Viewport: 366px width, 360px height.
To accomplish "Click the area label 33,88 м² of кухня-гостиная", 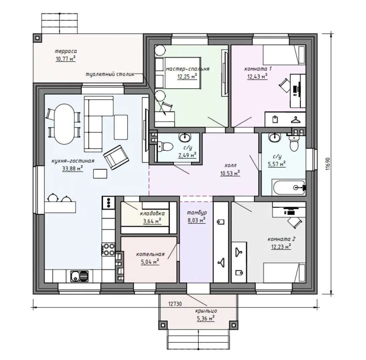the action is [x=73, y=168].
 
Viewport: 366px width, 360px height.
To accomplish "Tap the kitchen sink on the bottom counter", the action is [x=80, y=277].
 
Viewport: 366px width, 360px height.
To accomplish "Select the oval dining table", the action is [x=64, y=124].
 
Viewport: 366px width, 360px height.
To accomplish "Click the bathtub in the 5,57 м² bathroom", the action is [x=289, y=187].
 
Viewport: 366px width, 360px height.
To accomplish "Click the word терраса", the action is [x=66, y=51].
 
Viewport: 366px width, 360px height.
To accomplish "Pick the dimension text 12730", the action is [x=175, y=304].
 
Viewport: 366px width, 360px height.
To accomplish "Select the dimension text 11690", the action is [x=328, y=164].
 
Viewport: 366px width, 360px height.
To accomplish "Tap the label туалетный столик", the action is [x=110, y=74].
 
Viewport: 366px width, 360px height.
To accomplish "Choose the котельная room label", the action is [x=150, y=254].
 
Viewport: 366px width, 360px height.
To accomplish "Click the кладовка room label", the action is [x=152, y=213].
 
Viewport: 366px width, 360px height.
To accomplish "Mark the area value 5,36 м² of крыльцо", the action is [x=206, y=318].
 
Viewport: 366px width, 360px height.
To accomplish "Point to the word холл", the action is [x=230, y=166].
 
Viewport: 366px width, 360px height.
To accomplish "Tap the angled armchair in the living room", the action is [x=116, y=157].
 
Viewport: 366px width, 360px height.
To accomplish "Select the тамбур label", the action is [x=197, y=213].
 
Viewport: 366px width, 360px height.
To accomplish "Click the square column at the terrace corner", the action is [x=38, y=38].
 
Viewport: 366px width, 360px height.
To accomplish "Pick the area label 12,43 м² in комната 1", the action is [x=257, y=76].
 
